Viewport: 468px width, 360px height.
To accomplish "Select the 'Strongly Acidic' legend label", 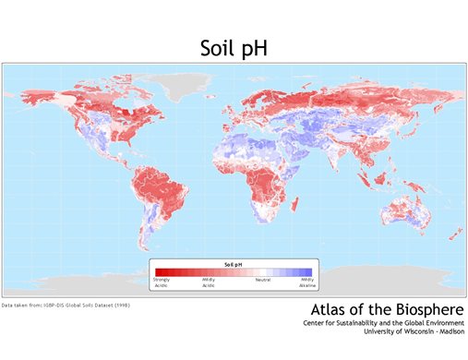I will click(x=162, y=282).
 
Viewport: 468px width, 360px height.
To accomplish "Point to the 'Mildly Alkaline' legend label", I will click(x=307, y=282).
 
